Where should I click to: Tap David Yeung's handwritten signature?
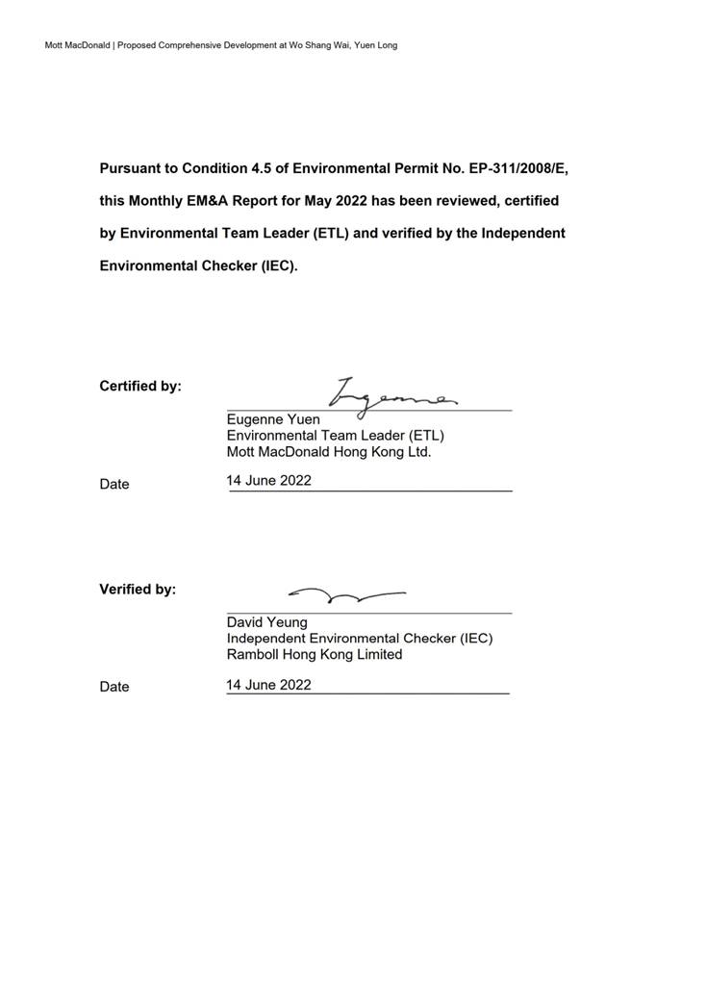[346, 595]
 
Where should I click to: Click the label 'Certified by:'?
[140, 387]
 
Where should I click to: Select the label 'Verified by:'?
[138, 590]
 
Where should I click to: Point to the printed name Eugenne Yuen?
[273, 419]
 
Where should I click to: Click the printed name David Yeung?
[267, 622]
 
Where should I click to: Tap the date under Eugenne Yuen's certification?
[269, 481]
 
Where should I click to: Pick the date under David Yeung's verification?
[269, 685]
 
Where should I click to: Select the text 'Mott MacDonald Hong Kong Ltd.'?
[329, 451]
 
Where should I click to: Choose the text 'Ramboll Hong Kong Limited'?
[315, 655]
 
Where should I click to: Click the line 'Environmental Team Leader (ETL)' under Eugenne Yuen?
[336, 435]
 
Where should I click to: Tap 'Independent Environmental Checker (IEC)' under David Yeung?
[360, 639]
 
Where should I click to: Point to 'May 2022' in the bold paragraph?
[334, 201]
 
